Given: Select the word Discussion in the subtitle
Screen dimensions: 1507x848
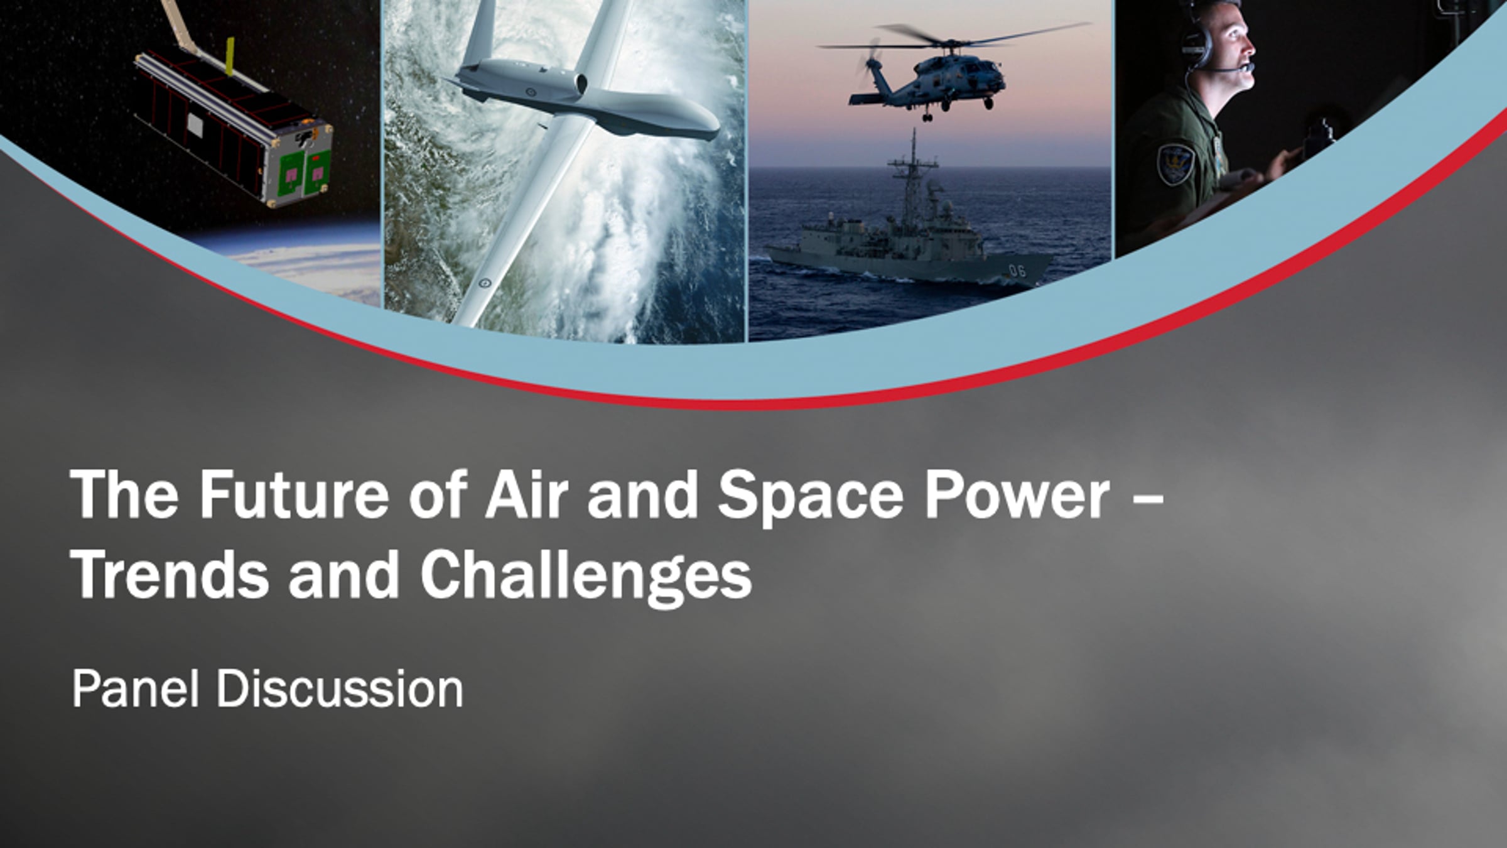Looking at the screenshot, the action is pos(340,689).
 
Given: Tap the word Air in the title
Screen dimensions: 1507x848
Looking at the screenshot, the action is pos(526,495).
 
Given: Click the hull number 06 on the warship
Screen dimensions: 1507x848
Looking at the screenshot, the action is pos(1017,271).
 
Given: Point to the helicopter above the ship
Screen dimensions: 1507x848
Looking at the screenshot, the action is pos(936,75).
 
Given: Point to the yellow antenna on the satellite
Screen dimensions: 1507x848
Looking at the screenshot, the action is pos(230,57).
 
